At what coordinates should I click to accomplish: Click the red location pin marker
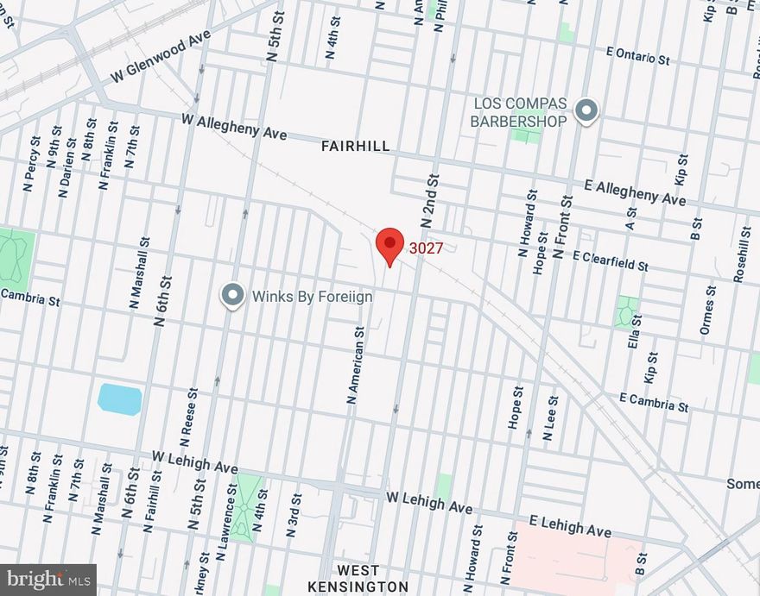[390, 246]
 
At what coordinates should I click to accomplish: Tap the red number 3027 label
[426, 248]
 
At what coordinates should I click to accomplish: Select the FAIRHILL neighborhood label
[355, 147]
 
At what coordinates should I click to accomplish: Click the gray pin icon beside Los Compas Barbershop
[586, 111]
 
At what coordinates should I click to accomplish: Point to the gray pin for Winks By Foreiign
[232, 296]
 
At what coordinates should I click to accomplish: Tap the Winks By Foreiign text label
[312, 297]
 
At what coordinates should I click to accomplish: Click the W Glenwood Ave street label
[161, 59]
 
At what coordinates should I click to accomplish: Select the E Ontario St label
[637, 56]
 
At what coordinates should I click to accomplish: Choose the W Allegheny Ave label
[233, 127]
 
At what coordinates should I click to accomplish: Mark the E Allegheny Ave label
[635, 192]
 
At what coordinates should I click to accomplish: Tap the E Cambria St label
[654, 401]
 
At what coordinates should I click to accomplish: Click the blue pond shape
[119, 399]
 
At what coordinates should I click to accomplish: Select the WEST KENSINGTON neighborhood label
[358, 579]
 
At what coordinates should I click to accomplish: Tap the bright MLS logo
[47, 579]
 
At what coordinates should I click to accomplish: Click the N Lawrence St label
[232, 511]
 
